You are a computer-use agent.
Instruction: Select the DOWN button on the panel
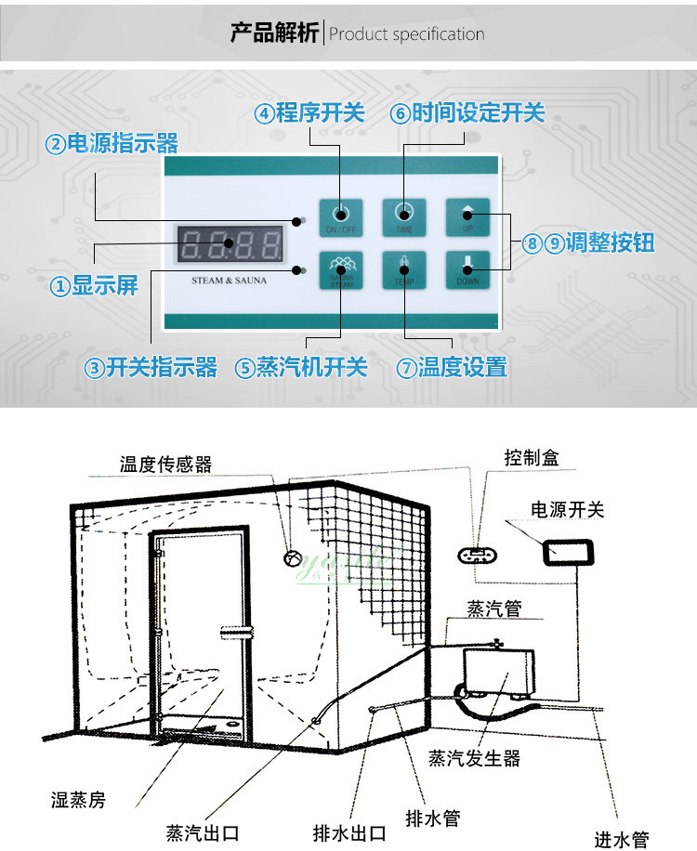point(467,270)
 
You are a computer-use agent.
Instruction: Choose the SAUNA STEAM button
point(340,270)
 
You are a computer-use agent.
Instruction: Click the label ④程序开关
point(310,113)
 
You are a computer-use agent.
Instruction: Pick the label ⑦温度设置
point(453,367)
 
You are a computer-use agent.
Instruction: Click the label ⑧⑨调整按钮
point(587,243)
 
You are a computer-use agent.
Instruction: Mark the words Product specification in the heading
point(407,34)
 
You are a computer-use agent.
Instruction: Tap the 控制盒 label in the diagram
point(531,458)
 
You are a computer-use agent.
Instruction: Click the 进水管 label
point(622,839)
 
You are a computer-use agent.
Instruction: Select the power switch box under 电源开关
point(567,551)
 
